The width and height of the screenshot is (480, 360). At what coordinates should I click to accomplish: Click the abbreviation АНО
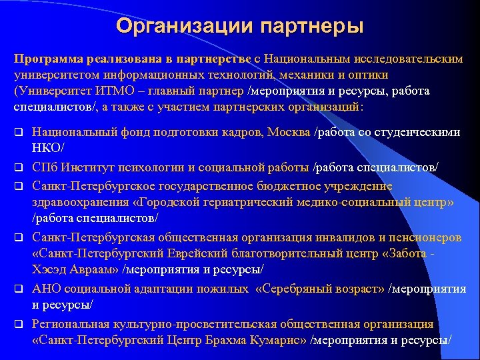47,289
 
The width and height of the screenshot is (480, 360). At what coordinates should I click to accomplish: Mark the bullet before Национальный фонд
19,132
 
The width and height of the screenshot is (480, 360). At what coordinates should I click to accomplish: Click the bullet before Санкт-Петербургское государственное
19,185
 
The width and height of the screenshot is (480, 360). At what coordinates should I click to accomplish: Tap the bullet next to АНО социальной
19,289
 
